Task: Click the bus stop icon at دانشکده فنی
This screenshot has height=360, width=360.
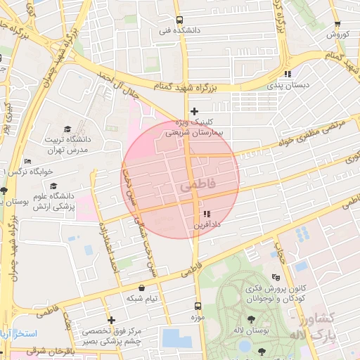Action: [x=179, y=20]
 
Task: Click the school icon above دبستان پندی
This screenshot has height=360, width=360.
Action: [x=287, y=74]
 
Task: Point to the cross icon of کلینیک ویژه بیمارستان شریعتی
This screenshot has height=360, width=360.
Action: [x=195, y=111]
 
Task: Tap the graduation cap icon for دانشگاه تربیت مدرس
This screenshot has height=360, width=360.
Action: [x=67, y=129]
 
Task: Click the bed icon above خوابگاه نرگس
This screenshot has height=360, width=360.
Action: [x=27, y=161]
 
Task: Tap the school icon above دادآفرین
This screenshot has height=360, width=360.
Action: [x=206, y=214]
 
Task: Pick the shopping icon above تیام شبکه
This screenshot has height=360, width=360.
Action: [x=142, y=288]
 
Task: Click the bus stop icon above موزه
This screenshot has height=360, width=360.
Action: [x=197, y=307]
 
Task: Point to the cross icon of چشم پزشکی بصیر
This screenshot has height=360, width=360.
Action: [x=111, y=321]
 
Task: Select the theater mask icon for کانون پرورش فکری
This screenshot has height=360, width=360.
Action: [x=274, y=276]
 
